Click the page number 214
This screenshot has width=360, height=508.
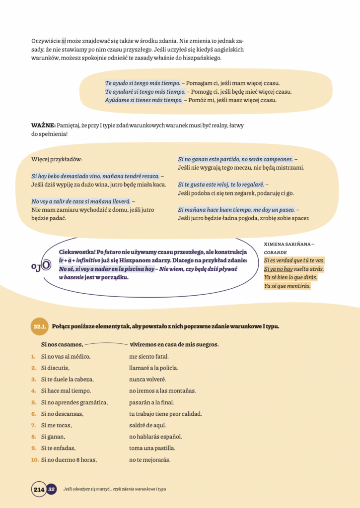tap(39, 489)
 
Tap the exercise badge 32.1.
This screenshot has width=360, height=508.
tap(40, 327)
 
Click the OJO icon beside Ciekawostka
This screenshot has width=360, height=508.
tap(40, 265)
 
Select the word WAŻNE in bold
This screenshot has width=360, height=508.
tap(43, 125)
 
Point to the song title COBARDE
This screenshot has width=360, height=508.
tap(275, 252)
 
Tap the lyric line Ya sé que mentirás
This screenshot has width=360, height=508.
tap(287, 286)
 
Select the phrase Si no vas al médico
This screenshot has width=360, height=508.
tap(66, 356)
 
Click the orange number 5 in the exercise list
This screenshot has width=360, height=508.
tap(33, 402)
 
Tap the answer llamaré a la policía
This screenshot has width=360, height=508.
tap(153, 368)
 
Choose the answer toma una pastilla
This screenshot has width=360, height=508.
tap(149, 448)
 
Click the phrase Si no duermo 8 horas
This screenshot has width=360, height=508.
tap(69, 460)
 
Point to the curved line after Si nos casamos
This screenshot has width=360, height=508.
tap(106, 343)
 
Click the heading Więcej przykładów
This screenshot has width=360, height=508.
tap(56, 159)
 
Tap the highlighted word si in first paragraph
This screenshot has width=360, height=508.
tap(64, 41)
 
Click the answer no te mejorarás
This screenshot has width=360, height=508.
tap(150, 460)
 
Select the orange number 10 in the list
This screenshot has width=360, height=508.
tap(35, 460)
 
